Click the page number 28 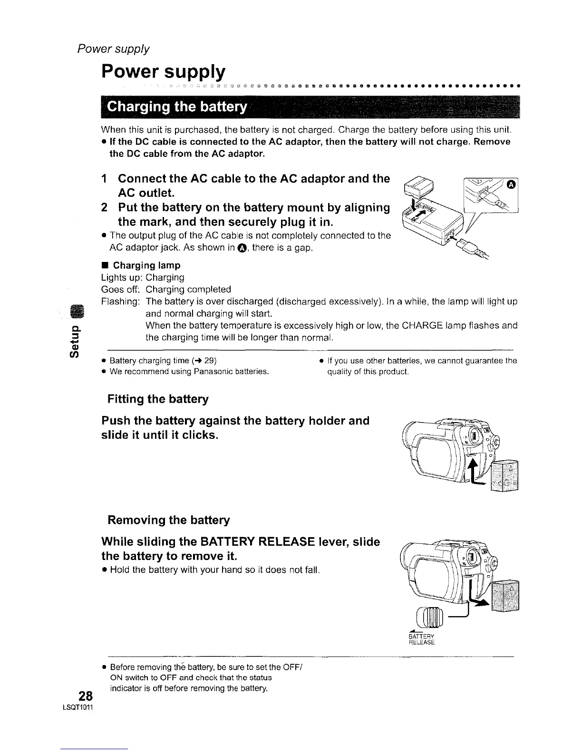(86, 696)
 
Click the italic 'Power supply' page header (114, 49)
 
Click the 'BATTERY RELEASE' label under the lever (422, 639)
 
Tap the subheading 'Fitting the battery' (158, 399)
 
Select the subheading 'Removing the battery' (168, 520)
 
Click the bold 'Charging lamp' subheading (146, 265)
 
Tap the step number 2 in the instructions (105, 208)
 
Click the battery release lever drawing (430, 617)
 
